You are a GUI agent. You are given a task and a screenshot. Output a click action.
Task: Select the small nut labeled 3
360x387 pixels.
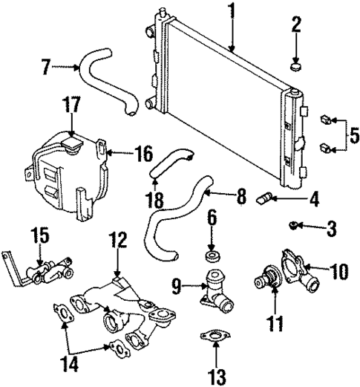click(295, 224)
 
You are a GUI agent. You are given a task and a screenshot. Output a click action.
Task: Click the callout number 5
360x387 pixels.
click(354, 135)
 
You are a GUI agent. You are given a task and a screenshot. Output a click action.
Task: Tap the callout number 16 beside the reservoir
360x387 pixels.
click(142, 155)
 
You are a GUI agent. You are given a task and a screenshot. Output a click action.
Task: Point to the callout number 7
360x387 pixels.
click(48, 68)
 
